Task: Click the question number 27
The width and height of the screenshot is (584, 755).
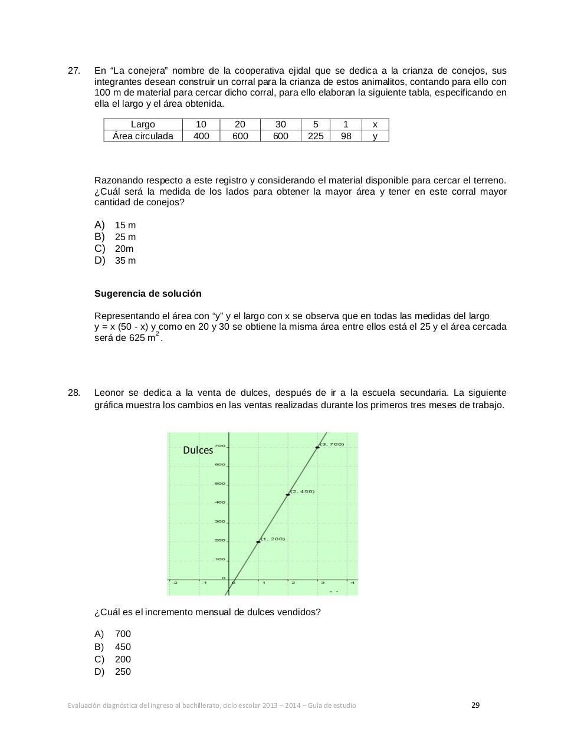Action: coord(74,71)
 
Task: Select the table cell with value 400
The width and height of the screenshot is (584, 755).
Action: coord(201,136)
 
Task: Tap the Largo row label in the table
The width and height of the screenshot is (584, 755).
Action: coord(143,124)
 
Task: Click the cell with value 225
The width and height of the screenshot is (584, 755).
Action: coord(316,136)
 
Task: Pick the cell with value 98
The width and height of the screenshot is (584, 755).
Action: coord(346,136)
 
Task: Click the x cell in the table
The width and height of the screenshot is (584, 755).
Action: coord(375,124)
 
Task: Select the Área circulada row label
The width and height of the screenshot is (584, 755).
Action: coord(143,136)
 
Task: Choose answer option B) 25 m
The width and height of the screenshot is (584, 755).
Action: coord(115,237)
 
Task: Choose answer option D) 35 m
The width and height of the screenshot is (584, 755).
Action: coord(115,261)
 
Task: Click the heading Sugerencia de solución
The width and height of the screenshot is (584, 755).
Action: coord(148,294)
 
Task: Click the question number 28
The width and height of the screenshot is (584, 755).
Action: coord(74,393)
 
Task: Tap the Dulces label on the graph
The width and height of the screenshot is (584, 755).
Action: coord(198,450)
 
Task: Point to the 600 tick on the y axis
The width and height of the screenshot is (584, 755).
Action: coord(219,465)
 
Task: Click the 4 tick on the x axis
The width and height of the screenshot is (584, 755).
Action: coord(353,583)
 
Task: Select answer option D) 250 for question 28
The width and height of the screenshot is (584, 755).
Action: coord(113,672)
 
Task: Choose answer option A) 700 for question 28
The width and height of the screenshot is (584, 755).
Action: coord(113,634)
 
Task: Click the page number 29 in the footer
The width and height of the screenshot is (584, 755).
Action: coord(475,705)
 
